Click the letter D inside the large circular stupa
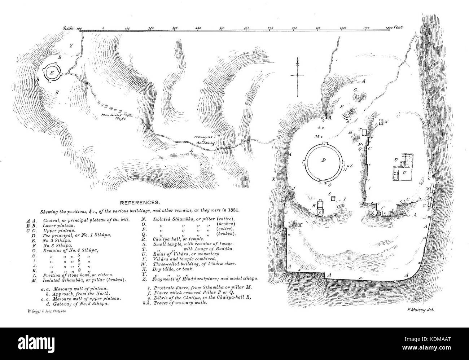pyautogui.click(x=324, y=160)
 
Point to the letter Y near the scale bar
pyautogui.click(x=71, y=46)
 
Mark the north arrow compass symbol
pyautogui.click(x=297, y=75)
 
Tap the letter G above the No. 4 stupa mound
pyautogui.click(x=355, y=89)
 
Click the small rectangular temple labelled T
pyautogui.click(x=364, y=132)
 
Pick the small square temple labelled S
pyautogui.click(x=333, y=198)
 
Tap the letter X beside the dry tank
pyautogui.click(x=273, y=179)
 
